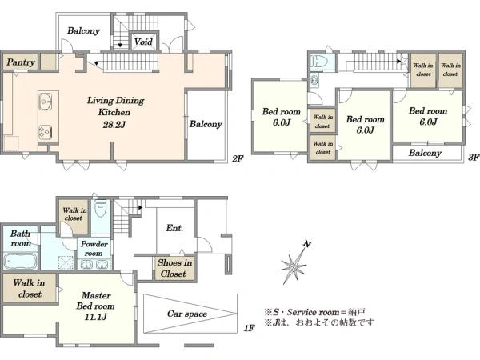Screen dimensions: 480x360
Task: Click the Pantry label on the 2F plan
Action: [x=21, y=62]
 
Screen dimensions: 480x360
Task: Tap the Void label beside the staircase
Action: [x=143, y=42]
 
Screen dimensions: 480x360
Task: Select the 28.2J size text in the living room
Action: [x=114, y=124]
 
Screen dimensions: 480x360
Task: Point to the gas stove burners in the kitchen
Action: [x=45, y=133]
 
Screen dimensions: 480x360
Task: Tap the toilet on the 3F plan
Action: [x=318, y=62]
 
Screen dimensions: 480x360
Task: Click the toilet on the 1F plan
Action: [x=101, y=209]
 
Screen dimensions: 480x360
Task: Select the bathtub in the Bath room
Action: [x=21, y=262]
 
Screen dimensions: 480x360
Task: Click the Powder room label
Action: [x=94, y=249]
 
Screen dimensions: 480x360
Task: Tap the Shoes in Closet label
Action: [x=174, y=268]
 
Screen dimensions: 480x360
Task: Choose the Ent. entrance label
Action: [x=174, y=228]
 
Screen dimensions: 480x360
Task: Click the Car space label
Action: [x=187, y=314]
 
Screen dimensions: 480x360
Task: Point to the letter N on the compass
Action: [x=307, y=244]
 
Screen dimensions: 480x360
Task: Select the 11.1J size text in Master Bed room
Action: [x=96, y=317]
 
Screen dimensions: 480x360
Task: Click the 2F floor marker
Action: [x=238, y=159]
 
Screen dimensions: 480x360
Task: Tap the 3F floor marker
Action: [x=474, y=157]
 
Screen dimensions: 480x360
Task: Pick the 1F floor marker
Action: [x=250, y=328]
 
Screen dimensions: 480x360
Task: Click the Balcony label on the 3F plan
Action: [x=425, y=153]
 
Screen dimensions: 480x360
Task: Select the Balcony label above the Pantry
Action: [x=83, y=30]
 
